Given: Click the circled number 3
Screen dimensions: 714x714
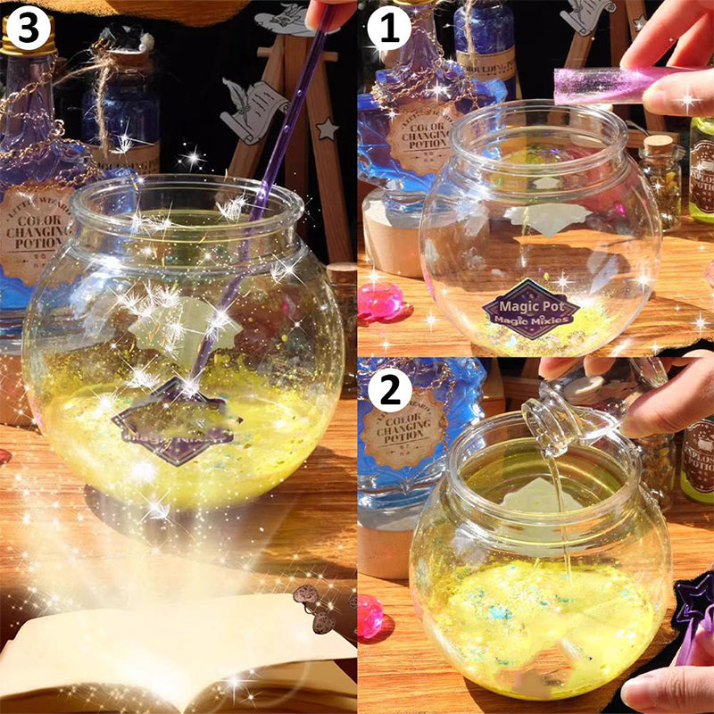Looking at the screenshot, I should point(28,29).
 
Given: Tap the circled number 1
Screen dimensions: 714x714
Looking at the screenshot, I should point(389,29).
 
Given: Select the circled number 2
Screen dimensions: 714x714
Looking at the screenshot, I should point(389,391).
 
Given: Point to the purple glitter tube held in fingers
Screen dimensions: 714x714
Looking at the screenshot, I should point(607,84).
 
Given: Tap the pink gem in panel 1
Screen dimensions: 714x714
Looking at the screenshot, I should point(380,303).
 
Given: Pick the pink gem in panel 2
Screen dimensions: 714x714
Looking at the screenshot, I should point(369,614).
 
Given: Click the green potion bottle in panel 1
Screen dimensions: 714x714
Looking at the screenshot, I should point(702,170).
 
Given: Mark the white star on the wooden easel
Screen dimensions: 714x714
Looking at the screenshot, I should point(327,129).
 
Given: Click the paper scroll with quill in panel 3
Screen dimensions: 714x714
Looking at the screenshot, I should point(253,107).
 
